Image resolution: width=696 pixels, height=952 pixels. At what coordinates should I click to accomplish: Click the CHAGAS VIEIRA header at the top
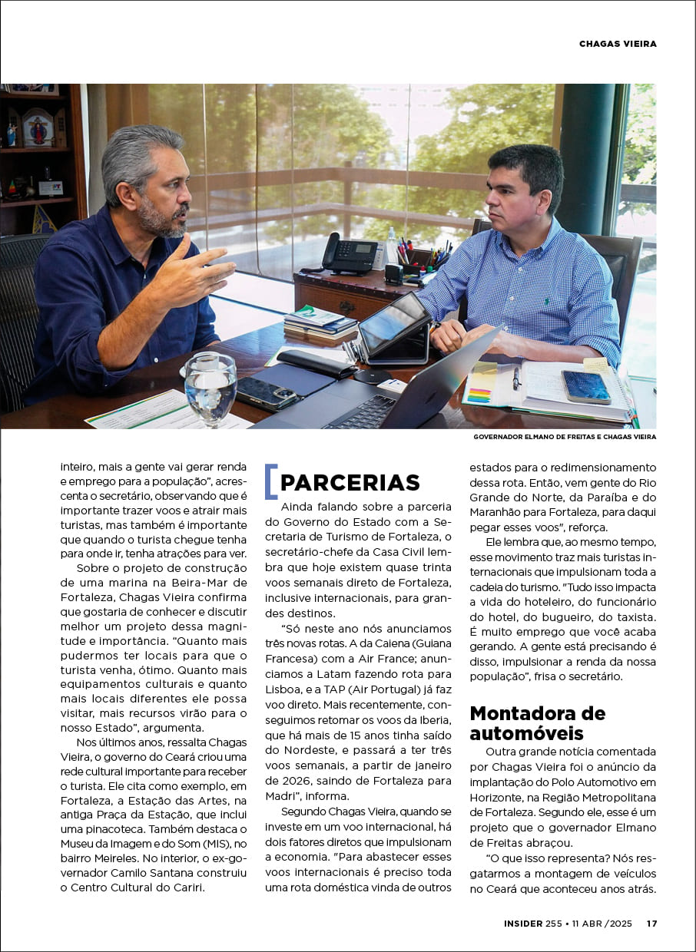[x=618, y=44]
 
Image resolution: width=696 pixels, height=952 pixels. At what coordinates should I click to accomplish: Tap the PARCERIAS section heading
[x=350, y=482]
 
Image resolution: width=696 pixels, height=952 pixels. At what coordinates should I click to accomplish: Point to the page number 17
[x=651, y=924]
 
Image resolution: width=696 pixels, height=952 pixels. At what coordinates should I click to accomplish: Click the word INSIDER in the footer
[x=522, y=924]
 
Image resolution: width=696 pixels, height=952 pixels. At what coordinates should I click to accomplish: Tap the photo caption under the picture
[x=565, y=437]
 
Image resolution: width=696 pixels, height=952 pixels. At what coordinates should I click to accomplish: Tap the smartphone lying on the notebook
[x=585, y=386]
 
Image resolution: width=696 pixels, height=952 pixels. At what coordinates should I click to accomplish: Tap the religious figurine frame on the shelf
[x=37, y=127]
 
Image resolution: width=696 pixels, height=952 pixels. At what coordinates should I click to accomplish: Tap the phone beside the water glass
[x=266, y=393]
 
